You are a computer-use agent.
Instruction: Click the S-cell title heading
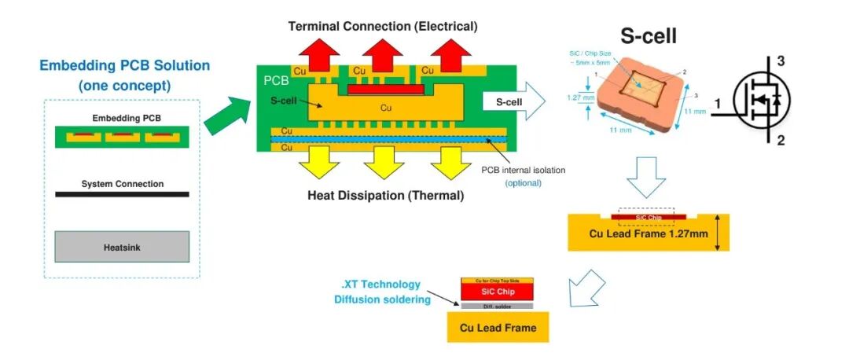click(x=649, y=35)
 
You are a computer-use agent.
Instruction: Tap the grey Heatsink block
click(x=122, y=247)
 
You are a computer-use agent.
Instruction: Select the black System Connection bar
click(x=122, y=193)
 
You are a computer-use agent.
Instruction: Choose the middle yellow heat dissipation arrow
click(x=384, y=162)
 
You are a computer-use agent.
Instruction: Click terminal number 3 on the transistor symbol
click(x=781, y=61)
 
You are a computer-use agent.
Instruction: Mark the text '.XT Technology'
click(x=381, y=284)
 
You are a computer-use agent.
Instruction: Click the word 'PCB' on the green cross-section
click(x=276, y=80)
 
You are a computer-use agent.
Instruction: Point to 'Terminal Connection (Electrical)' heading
click(x=383, y=26)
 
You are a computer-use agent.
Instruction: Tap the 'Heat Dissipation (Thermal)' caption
click(x=385, y=195)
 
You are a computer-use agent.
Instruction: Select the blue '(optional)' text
click(x=523, y=183)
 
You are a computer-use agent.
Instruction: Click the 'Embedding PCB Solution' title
click(x=125, y=65)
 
